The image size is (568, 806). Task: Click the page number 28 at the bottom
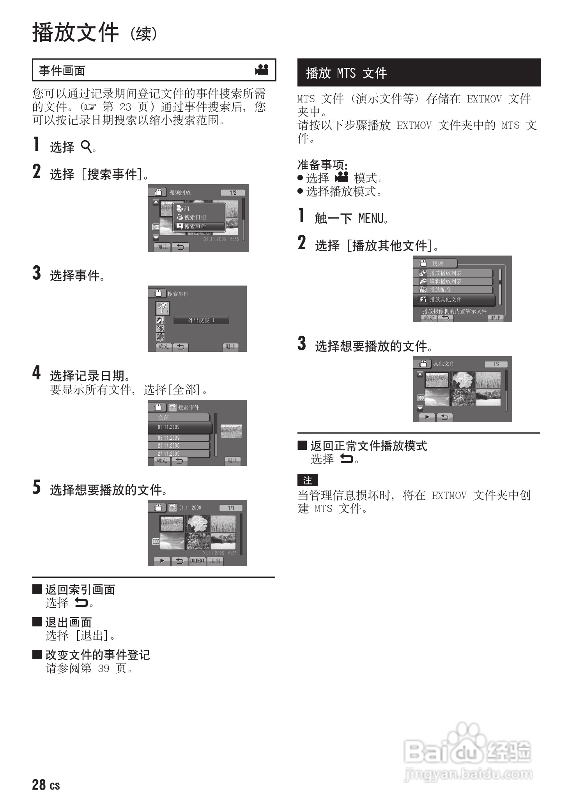click(x=39, y=785)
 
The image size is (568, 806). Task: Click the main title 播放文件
click(x=75, y=32)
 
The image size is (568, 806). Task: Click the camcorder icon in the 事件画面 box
click(x=262, y=70)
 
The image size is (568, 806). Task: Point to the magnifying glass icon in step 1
click(x=86, y=147)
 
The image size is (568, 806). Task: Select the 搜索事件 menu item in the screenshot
click(x=199, y=226)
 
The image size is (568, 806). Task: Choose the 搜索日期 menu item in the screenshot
click(x=199, y=217)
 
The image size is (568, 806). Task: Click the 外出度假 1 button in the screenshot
click(x=201, y=320)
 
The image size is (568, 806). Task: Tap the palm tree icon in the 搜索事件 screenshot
click(x=162, y=308)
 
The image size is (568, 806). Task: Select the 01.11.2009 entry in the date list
click(x=179, y=427)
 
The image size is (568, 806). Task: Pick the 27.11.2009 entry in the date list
click(x=179, y=454)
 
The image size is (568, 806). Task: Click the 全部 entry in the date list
click(x=179, y=417)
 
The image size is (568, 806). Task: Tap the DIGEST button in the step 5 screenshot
click(x=197, y=561)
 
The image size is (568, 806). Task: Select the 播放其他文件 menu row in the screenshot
click(x=454, y=300)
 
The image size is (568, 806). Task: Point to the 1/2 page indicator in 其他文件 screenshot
click(x=496, y=364)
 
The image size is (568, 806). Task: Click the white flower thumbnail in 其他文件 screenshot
click(x=462, y=379)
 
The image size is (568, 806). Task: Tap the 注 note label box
click(x=308, y=480)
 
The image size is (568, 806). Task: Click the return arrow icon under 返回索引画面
click(x=81, y=603)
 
